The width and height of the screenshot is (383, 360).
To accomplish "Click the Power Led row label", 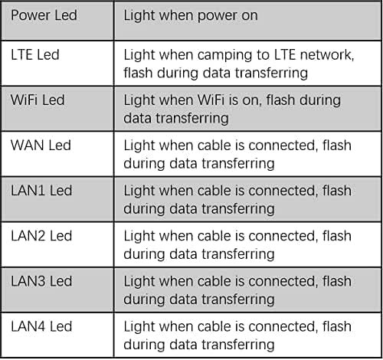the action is click(44, 15).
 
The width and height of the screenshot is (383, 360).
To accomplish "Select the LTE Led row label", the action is click(35, 55).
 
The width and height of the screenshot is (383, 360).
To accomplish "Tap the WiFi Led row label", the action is click(38, 100).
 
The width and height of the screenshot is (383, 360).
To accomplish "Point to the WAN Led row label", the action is click(41, 146).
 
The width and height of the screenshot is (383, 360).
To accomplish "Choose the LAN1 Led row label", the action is click(41, 191).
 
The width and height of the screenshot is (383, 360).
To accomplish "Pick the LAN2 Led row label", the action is click(41, 236).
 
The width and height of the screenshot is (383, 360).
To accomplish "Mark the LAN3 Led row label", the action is click(41, 281).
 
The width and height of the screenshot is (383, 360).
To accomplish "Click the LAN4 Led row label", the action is click(41, 326).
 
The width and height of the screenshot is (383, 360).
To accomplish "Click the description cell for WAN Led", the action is click(248, 154).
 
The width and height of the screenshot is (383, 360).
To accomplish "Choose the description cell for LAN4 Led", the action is click(248, 335).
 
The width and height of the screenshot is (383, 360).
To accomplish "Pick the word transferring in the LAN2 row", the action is click(238, 254).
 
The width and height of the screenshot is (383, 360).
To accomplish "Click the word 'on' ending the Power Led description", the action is click(250, 17).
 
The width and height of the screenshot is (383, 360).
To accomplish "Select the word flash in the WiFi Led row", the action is click(280, 100).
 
